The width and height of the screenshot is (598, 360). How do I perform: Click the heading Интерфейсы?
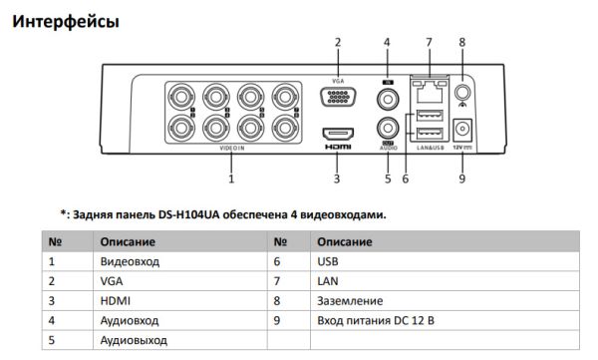pos(66,20)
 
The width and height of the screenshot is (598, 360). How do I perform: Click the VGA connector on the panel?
pos(336,98)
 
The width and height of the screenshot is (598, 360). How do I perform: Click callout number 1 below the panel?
pos(231,180)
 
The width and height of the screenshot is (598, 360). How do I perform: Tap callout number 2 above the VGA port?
pos(337,42)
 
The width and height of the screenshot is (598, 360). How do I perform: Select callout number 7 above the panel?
pos(428,42)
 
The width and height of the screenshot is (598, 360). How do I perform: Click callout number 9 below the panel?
pos(462,180)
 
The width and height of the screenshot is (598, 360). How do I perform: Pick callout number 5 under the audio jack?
pos(387,180)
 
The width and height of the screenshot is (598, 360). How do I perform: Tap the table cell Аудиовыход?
pos(133,341)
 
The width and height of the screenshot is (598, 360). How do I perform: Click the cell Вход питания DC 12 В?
pos(376,321)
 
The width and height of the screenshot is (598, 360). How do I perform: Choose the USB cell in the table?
pos(327,261)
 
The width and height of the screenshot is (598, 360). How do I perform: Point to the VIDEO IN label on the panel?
pos(231,149)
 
